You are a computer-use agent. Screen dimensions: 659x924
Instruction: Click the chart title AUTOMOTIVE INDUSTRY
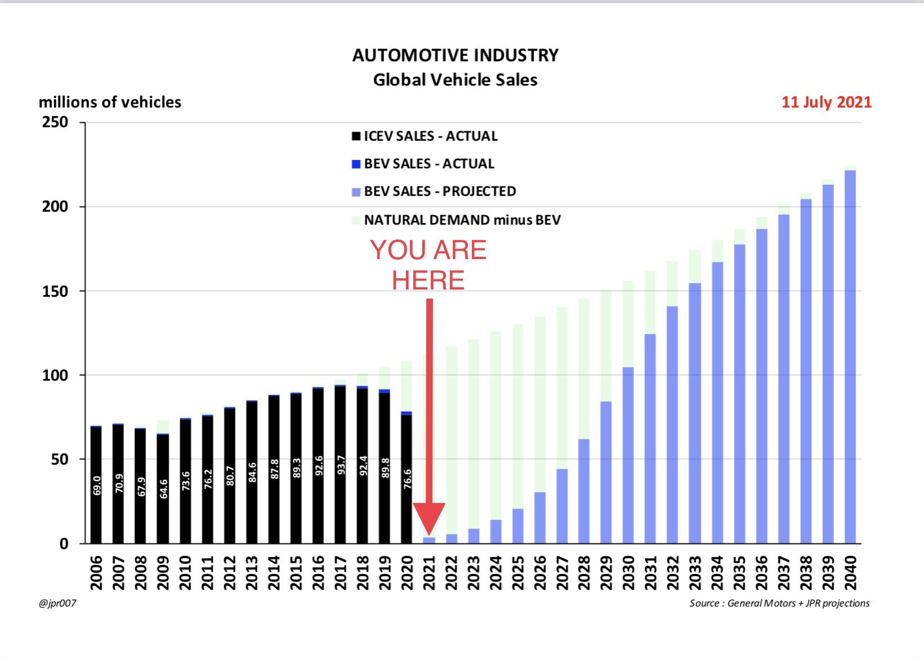click(455, 55)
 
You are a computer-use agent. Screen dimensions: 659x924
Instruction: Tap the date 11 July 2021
click(826, 103)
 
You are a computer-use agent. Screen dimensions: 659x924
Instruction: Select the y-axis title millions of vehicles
click(110, 103)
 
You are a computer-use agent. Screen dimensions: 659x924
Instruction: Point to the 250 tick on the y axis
click(55, 122)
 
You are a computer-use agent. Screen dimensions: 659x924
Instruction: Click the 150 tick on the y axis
click(55, 291)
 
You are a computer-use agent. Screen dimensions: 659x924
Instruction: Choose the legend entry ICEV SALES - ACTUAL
click(430, 136)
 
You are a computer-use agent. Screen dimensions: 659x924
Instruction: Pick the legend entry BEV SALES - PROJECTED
click(439, 192)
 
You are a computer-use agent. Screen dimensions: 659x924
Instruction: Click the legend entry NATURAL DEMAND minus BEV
click(462, 220)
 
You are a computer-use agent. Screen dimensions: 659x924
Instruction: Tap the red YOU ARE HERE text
click(428, 265)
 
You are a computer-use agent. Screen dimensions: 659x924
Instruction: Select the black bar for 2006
click(96, 484)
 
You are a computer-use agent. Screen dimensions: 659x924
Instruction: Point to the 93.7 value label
click(341, 466)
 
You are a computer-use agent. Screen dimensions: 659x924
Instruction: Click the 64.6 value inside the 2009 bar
click(163, 488)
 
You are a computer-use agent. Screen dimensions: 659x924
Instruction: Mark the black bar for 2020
click(407, 479)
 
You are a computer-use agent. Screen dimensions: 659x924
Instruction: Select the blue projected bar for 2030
click(628, 456)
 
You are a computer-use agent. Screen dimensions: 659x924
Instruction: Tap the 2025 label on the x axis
click(517, 573)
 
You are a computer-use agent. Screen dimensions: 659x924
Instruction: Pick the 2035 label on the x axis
click(739, 573)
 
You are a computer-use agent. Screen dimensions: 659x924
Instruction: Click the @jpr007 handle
click(57, 604)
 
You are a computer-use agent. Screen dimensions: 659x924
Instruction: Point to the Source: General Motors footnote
click(779, 603)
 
